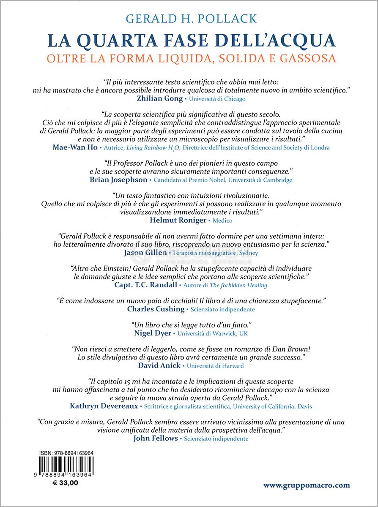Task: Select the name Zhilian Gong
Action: [x=159, y=98]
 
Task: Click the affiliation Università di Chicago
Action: [x=217, y=99]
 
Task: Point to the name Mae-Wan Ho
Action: [x=75, y=147]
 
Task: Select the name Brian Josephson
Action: [x=118, y=180]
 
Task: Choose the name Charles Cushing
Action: [x=156, y=309]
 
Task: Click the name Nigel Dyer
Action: [x=153, y=333]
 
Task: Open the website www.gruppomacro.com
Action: [x=307, y=485]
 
